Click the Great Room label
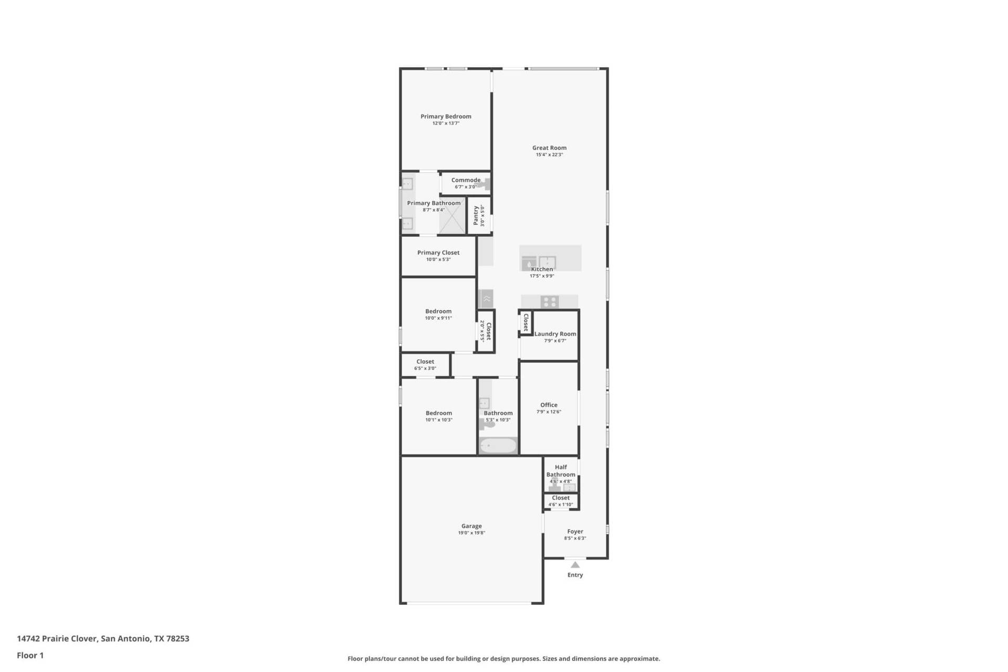549,148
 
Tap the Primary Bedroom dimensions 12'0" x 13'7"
446,123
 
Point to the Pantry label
476,216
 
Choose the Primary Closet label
438,253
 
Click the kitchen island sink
547,262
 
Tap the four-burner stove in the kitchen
550,302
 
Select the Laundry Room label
555,334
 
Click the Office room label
549,405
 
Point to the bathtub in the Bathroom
498,446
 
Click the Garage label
471,526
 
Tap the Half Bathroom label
561,471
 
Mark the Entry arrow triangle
575,565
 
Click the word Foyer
575,531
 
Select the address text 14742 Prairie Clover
57,638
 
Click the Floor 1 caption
30,655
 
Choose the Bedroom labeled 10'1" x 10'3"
439,413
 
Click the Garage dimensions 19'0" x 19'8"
471,533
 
